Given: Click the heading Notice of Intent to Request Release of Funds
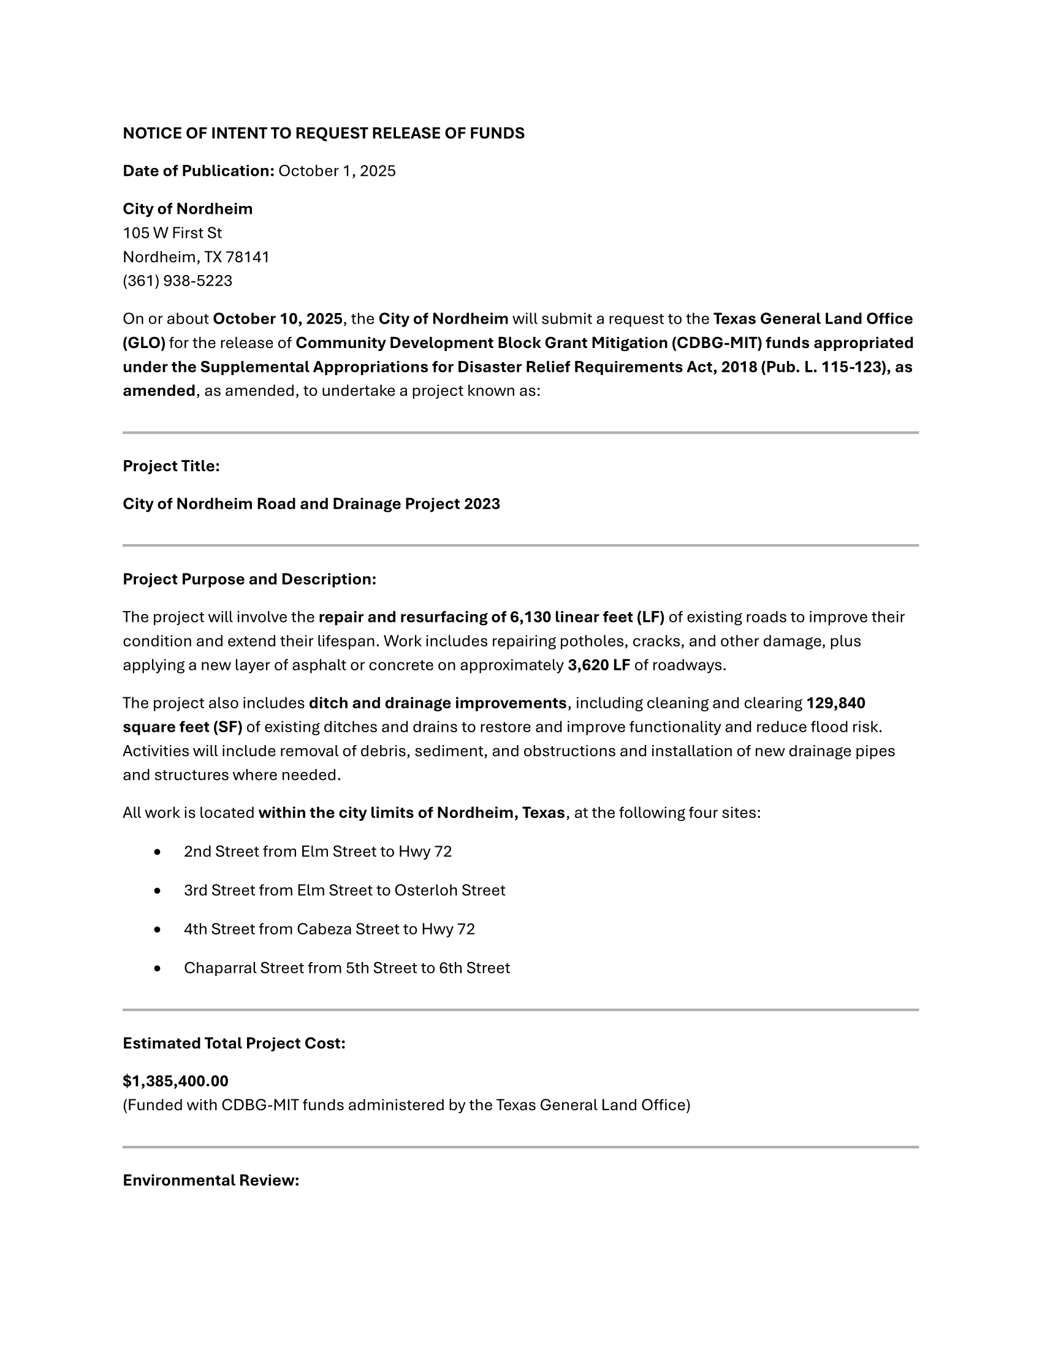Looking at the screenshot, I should pos(324,134).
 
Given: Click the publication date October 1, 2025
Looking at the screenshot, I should pos(337,171).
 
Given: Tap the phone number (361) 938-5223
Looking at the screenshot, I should pos(178,281).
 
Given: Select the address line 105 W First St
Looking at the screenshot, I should pos(172,233).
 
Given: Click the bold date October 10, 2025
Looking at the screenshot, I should pos(278,319).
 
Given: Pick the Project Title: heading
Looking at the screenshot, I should pos(171,466).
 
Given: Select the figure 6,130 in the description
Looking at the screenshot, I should pos(530,617).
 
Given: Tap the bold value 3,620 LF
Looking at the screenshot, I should pos(599,665).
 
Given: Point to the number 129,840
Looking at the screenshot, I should pos(836,703).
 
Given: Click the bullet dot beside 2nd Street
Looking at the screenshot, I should pos(158,852).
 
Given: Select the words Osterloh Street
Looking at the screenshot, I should pos(449,890).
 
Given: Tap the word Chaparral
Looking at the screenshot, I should pos(220,967).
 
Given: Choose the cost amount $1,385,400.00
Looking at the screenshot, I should pos(175,1081).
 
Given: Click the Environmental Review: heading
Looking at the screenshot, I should pos(210,1180).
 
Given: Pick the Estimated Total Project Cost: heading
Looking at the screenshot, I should pos(234,1043).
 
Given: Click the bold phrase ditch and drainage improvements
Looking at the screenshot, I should pos(437,703).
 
